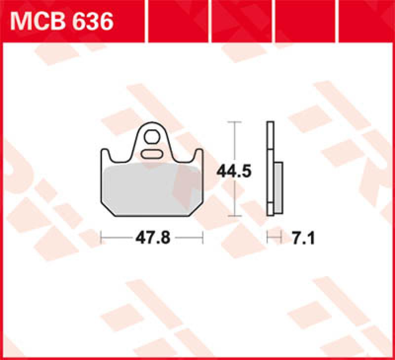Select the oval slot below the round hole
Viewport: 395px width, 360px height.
click(x=152, y=154)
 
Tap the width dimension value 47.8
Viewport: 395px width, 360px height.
click(x=153, y=238)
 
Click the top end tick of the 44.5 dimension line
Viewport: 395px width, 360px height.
click(x=235, y=121)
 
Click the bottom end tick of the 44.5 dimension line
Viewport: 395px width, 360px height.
click(x=235, y=216)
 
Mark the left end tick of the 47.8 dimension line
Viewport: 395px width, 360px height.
click(x=101, y=238)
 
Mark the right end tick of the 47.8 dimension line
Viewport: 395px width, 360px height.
click(x=203, y=238)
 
